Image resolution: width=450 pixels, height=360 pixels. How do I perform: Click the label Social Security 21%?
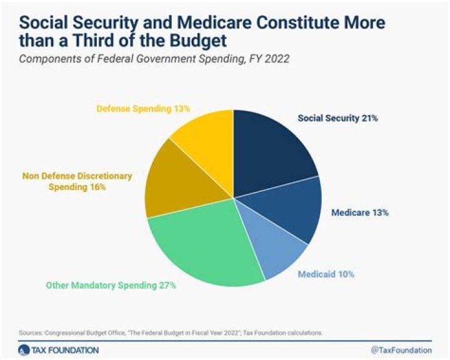coord(337,117)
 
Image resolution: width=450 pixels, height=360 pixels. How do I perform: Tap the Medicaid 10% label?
coord(325,274)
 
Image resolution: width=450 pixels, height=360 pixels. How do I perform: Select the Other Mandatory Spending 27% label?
coord(111,286)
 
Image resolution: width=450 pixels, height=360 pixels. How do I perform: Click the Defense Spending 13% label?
coord(143,109)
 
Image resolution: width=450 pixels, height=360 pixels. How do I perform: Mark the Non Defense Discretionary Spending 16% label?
coord(76,181)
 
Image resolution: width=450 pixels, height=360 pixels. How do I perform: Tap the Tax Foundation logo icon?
coord(23,350)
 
